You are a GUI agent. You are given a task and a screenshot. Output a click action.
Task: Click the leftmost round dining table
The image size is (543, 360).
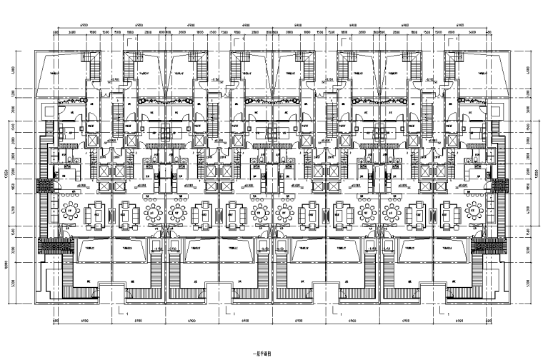72,212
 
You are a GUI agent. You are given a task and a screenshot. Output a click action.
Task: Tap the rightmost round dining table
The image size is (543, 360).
474,212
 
